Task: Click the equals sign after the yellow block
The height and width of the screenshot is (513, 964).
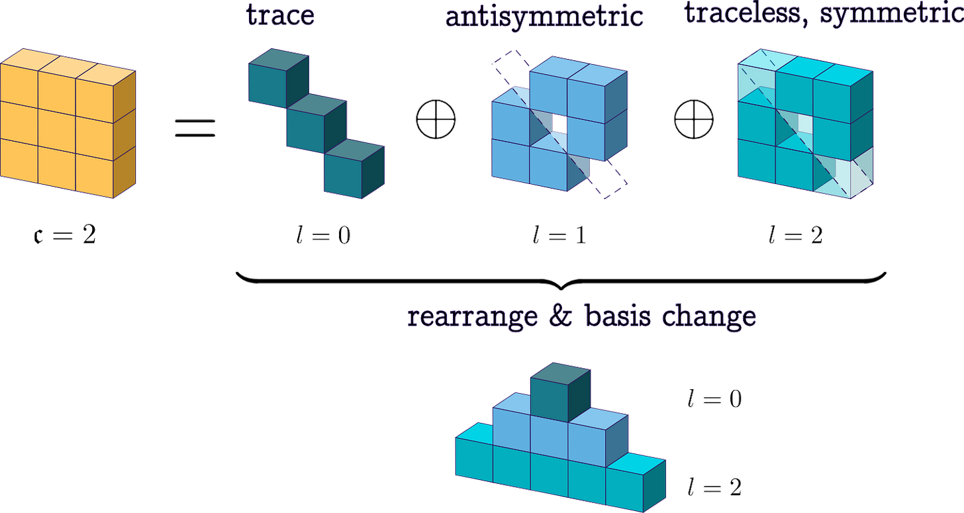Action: tap(195, 127)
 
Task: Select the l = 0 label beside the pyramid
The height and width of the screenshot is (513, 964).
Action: tap(714, 399)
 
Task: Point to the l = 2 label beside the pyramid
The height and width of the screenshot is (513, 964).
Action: tap(714, 488)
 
